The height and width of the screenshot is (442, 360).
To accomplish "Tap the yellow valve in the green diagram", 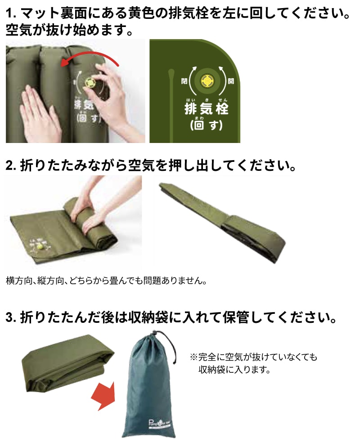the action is [207, 81].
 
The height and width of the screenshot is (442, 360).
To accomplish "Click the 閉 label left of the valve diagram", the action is [184, 81].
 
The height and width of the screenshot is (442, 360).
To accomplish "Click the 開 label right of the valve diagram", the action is [231, 81].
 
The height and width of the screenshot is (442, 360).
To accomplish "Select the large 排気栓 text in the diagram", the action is [207, 108].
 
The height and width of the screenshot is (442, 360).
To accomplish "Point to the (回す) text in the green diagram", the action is [206, 125].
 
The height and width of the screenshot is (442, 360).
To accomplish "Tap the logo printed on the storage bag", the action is [160, 423].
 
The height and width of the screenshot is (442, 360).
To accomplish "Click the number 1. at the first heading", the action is [12, 13].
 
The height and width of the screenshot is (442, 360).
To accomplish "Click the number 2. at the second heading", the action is [11, 165].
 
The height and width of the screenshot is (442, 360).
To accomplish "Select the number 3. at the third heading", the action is [11, 318].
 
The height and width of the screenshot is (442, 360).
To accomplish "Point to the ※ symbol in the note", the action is [193, 357].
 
